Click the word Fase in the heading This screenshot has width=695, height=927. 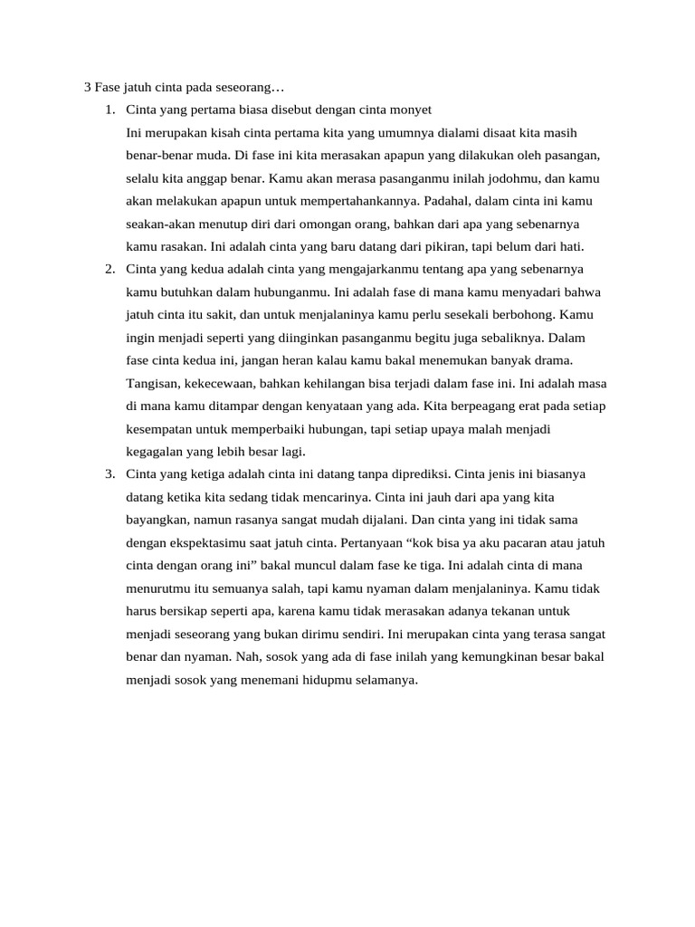109,88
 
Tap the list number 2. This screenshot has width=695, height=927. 109,269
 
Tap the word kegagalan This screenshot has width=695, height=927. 158,451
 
